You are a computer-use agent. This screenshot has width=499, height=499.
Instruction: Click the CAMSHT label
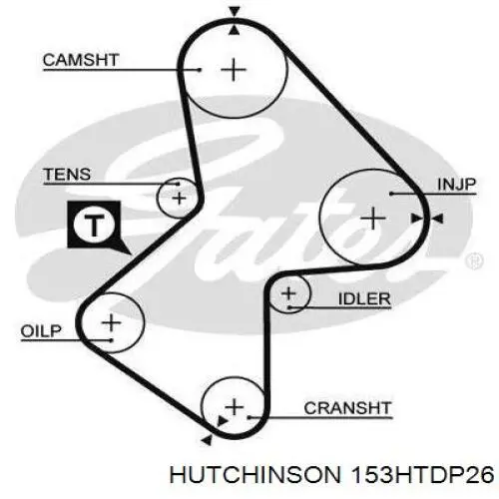81,60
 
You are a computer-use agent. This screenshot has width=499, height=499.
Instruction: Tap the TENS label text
67,175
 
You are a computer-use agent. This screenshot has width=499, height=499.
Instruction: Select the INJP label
457,184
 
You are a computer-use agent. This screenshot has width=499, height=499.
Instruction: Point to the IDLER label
364,298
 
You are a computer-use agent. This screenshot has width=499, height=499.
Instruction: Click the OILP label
41,331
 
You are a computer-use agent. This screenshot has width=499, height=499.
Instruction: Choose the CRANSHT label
347,408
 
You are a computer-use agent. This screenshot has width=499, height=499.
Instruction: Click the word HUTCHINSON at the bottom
255,474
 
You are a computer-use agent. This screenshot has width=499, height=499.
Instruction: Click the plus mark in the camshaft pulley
234,70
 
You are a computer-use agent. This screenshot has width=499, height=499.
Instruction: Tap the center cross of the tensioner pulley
180,199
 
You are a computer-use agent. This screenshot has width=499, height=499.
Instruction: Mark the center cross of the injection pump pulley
373,219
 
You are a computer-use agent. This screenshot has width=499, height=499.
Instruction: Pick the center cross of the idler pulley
288,293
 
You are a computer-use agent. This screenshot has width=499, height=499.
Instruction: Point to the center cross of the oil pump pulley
112,322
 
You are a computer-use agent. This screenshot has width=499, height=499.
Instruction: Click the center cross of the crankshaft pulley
235,407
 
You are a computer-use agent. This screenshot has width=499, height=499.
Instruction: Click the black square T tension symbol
94,225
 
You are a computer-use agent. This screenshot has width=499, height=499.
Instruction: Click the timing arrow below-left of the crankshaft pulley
207,440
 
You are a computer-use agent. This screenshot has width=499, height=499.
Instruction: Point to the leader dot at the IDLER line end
289,307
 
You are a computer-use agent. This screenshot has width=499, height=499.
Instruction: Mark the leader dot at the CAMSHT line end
200,70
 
